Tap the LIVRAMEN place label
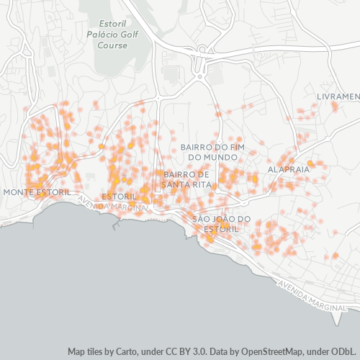338,96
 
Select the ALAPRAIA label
288,168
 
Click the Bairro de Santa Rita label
186,179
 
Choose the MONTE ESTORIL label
37,192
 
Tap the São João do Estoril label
221,223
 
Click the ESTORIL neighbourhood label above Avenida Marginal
120,196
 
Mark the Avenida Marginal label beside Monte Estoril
112,204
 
